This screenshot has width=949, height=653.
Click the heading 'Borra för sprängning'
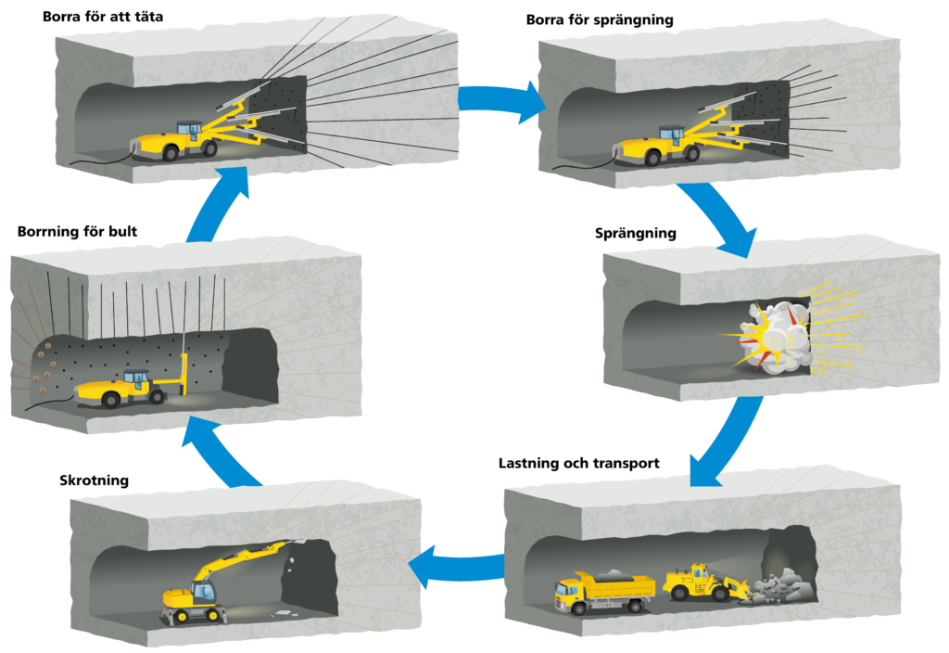click(599, 19)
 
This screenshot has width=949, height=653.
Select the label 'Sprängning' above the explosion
click(635, 233)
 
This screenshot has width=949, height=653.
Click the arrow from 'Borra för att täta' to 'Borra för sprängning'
click(500, 100)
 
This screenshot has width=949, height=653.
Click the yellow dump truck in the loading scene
click(603, 592)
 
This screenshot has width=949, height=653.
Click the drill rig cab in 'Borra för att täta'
click(189, 130)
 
